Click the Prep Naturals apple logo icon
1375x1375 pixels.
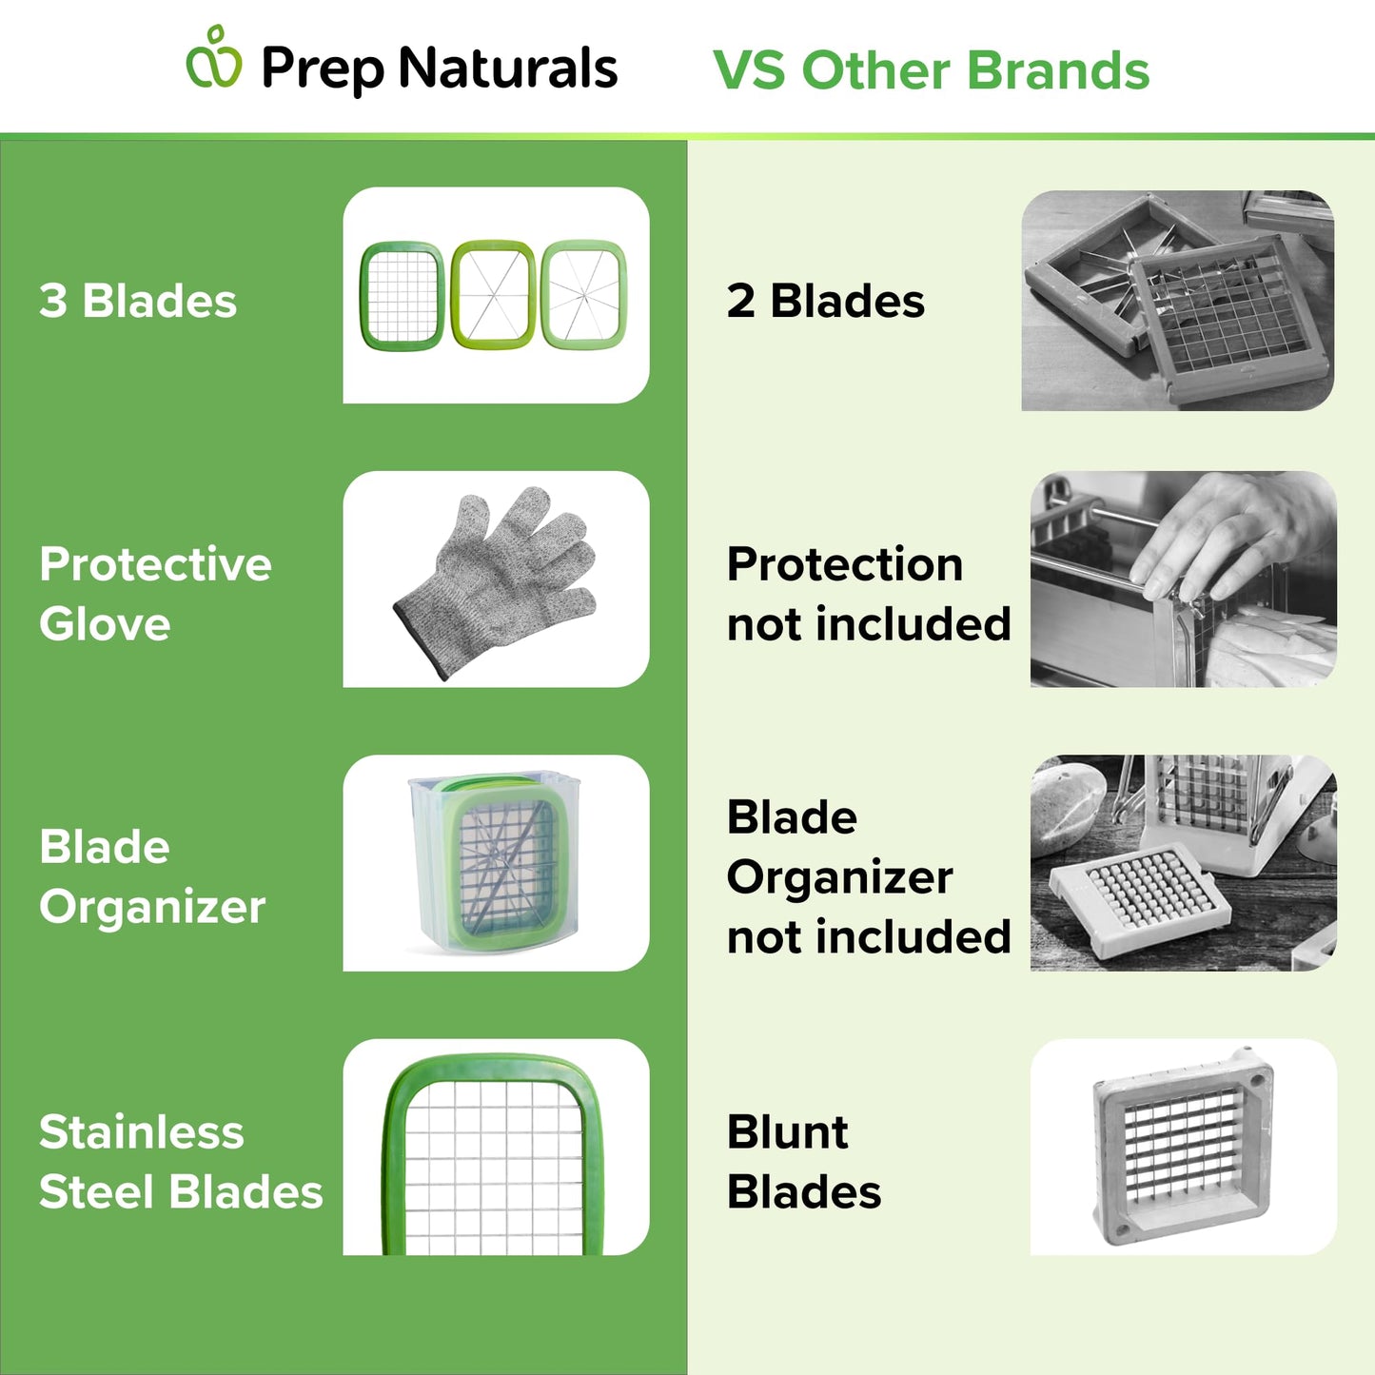pos(214,59)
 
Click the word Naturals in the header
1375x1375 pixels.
pos(508,69)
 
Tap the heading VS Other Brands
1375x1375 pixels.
pos(931,70)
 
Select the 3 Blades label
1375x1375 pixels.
pos(138,301)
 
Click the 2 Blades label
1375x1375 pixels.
pos(825,301)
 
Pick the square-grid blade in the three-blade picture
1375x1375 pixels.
pos(402,296)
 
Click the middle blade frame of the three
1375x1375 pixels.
pos(492,295)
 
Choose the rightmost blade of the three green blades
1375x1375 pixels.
pos(583,295)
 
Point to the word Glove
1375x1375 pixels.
pos(105,624)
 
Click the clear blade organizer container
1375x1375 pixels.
pos(495,861)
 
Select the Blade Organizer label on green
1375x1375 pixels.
pos(151,876)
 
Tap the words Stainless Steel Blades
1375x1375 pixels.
pos(180,1162)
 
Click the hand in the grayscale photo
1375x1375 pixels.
pos(1228,533)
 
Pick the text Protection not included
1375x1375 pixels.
pos(868,594)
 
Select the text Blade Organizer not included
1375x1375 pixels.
pos(868,876)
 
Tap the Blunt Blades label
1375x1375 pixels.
pos(803,1162)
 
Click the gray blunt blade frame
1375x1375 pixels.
pos(1183,1147)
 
